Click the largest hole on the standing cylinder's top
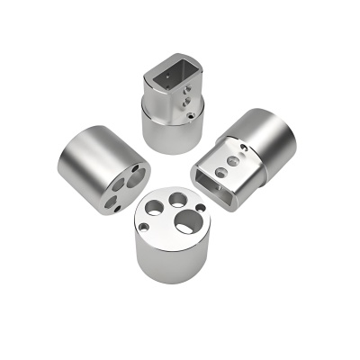click(x=187, y=220)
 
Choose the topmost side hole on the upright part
click(x=187, y=91)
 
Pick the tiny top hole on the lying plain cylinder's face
click(x=134, y=167)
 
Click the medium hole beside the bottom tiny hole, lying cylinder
click(x=110, y=200)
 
